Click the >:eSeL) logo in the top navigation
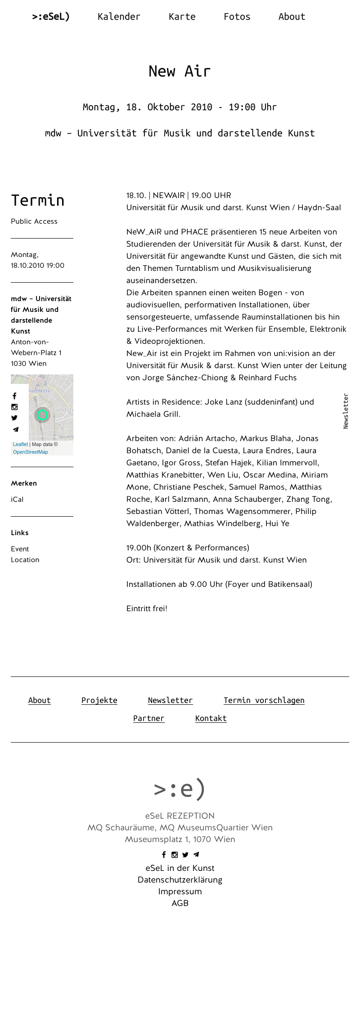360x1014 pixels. tap(51, 17)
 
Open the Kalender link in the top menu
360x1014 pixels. tap(119, 17)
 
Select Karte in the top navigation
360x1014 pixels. tap(182, 17)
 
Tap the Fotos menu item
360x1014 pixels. tap(237, 17)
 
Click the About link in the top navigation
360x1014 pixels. tap(292, 17)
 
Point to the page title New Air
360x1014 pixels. tap(180, 71)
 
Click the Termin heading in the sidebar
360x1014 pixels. tap(38, 200)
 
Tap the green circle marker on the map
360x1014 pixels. tap(42, 415)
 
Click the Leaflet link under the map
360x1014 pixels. tap(20, 444)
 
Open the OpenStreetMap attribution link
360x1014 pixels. tap(30, 452)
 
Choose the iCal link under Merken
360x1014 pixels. tap(17, 500)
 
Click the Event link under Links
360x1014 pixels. tap(20, 549)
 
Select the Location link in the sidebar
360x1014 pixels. tap(25, 560)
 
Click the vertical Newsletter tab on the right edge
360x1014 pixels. tap(346, 411)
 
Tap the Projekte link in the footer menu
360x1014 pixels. tap(99, 700)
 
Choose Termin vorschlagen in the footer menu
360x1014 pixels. tap(264, 700)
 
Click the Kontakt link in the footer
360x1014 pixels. tap(211, 718)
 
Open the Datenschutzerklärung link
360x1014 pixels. tap(180, 880)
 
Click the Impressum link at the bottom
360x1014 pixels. tap(180, 892)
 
